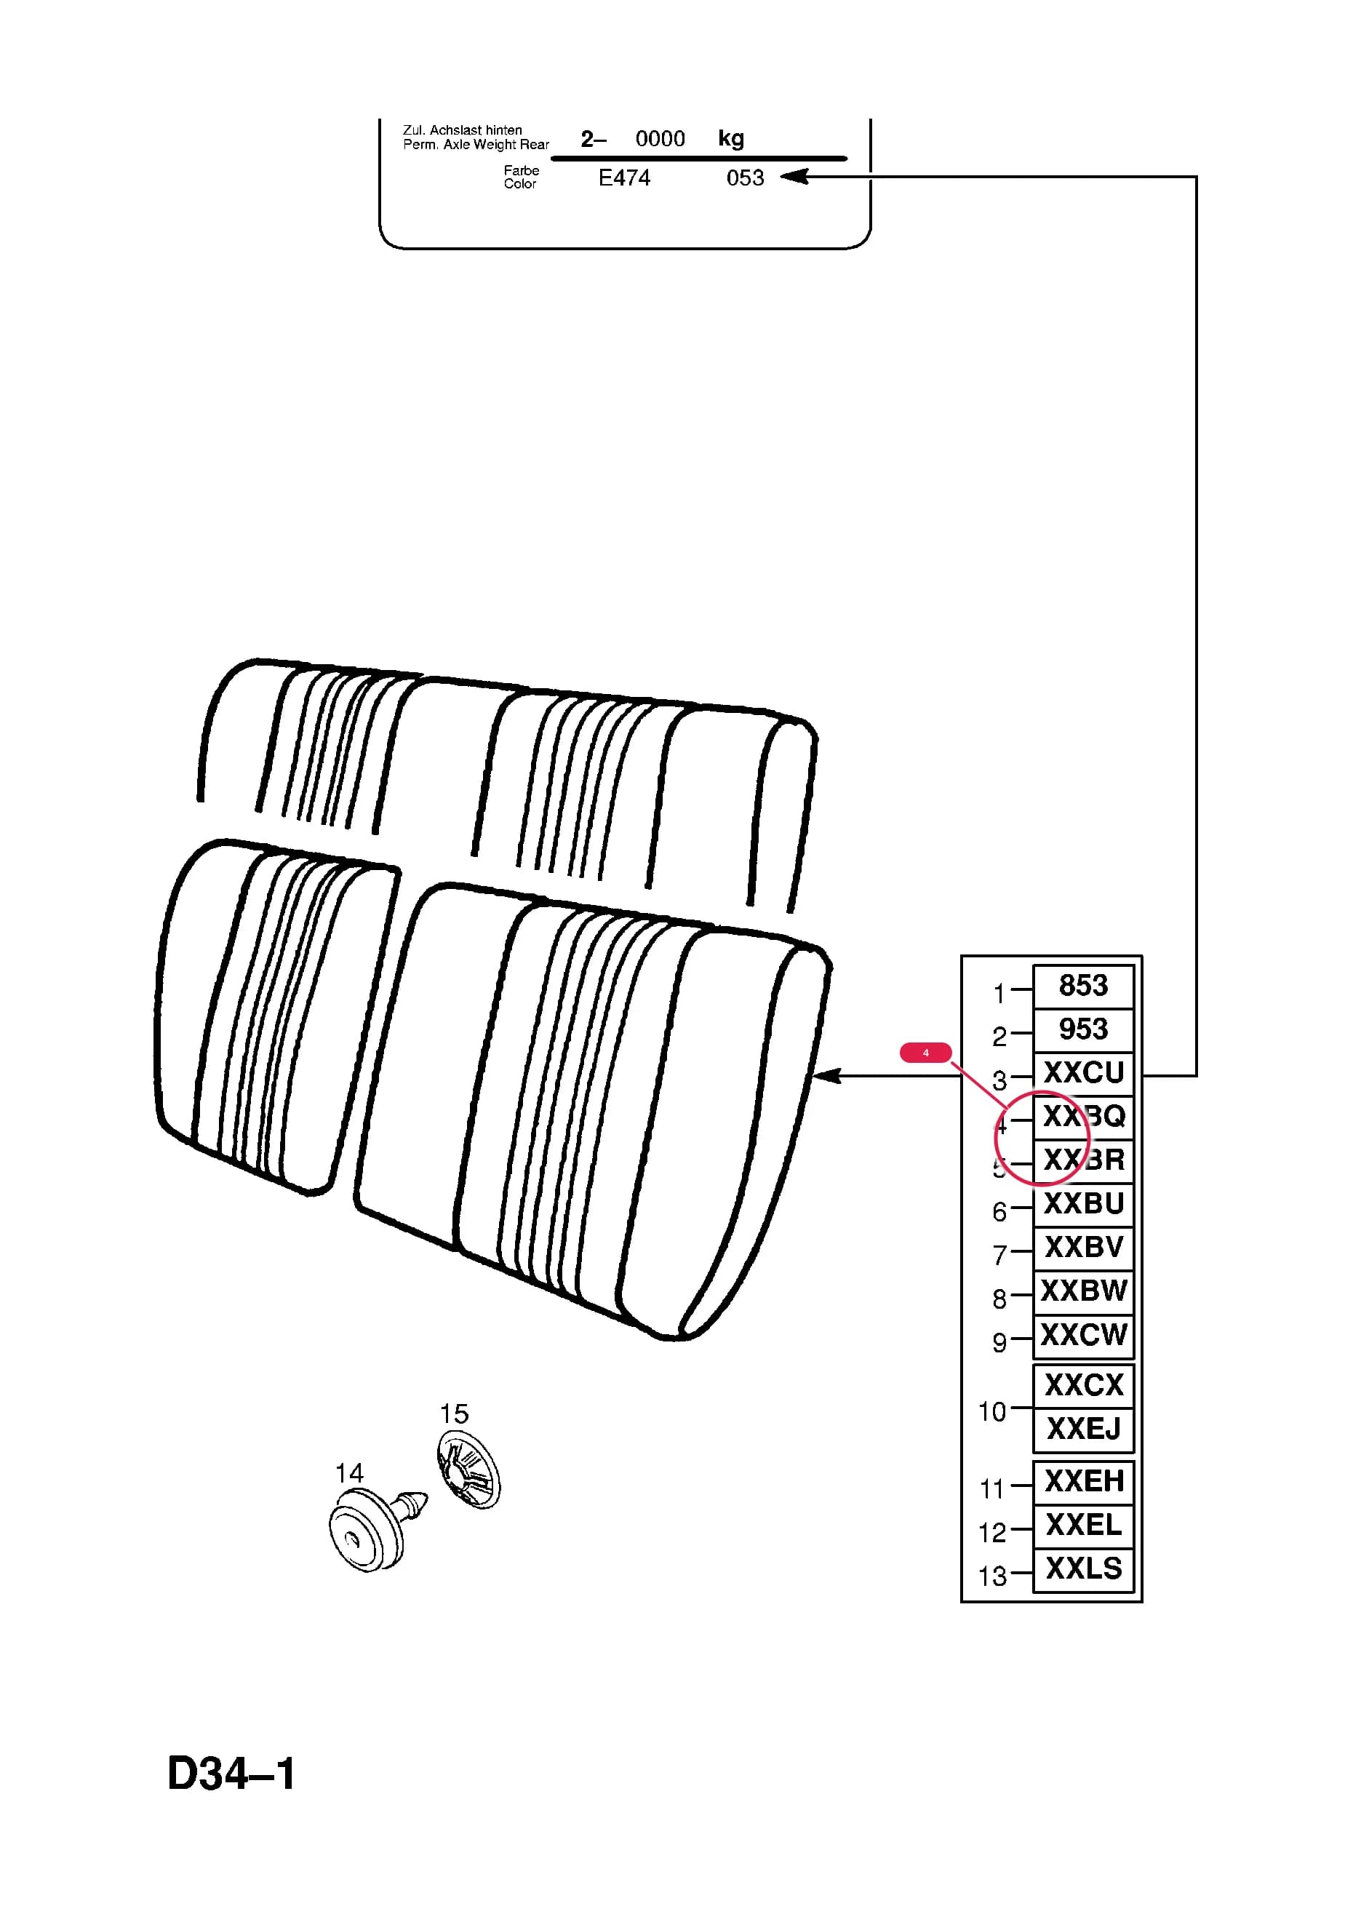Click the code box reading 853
(1083, 986)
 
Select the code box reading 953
(1083, 1029)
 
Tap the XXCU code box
(1083, 1074)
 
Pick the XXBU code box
(1083, 1205)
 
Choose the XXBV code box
(1083, 1248)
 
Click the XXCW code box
(1083, 1336)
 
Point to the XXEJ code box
(1083, 1429)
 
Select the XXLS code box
(1083, 1570)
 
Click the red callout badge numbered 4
(925, 1053)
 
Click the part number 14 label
(349, 1473)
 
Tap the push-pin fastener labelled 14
(377, 1526)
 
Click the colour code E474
(624, 178)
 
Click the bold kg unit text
(731, 138)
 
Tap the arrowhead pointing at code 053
(794, 177)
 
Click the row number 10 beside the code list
(992, 1411)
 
